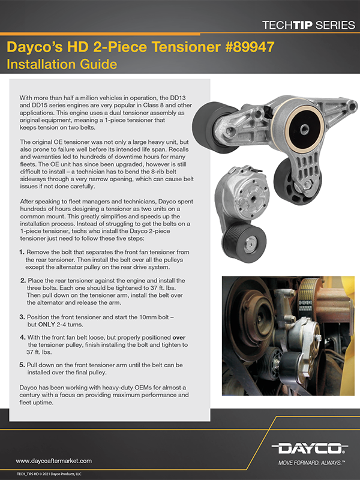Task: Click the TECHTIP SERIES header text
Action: [x=305, y=25]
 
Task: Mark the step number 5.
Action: [x=22, y=365]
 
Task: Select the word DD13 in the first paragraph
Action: [x=194, y=97]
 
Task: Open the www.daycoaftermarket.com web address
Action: [x=53, y=461]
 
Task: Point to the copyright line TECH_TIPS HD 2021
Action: [x=48, y=474]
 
